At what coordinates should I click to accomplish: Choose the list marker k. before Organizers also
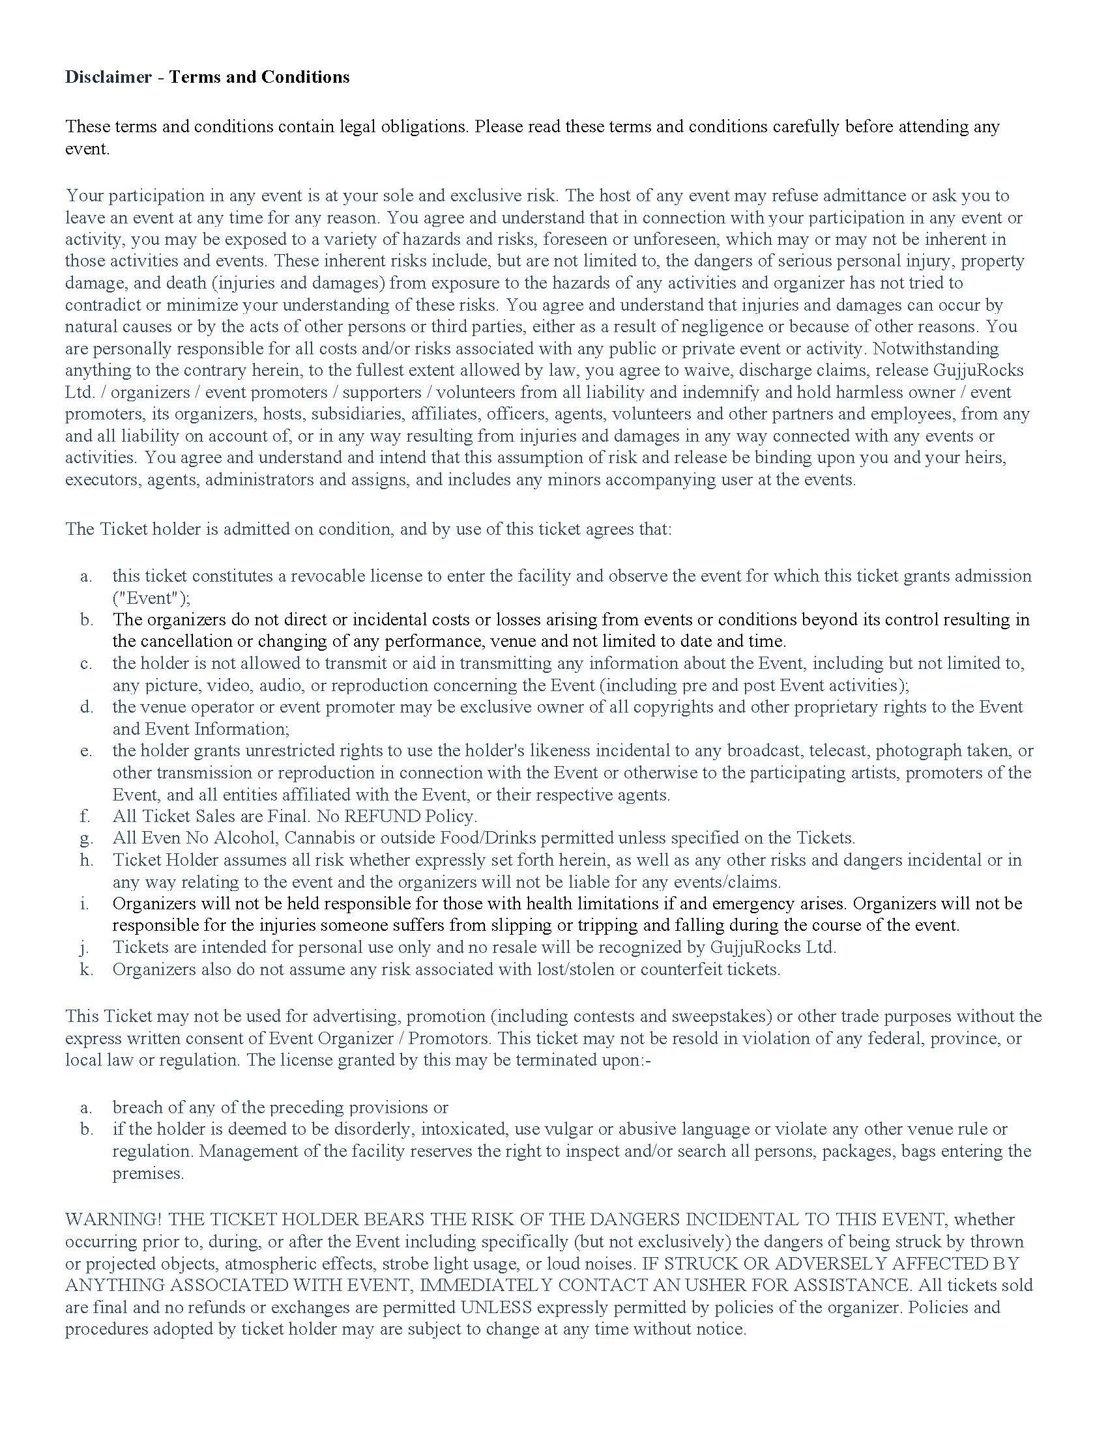point(86,969)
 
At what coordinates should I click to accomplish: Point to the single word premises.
point(149,1172)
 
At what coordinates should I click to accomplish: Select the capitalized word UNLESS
point(495,1307)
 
